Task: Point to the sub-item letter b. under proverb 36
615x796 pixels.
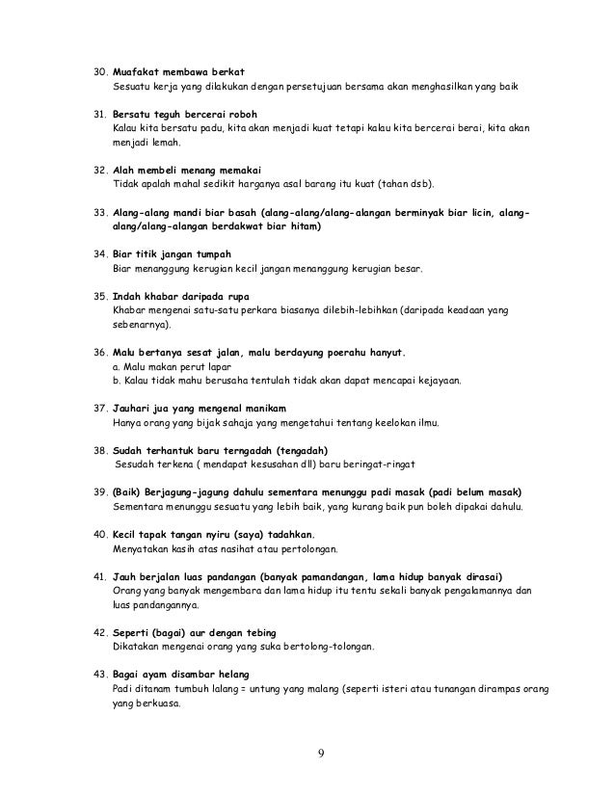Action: pos(117,380)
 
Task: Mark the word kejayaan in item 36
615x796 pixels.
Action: pos(436,380)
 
